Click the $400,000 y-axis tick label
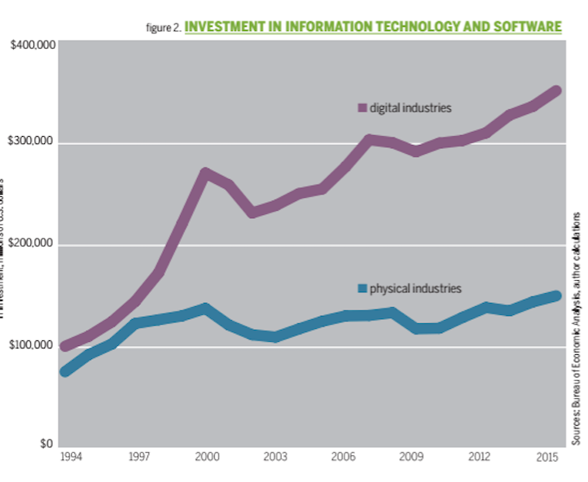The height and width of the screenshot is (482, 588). (x=33, y=43)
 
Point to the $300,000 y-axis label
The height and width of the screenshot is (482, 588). (x=33, y=143)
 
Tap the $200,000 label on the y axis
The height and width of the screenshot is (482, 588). (x=33, y=244)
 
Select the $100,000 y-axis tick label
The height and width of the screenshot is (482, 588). (x=33, y=346)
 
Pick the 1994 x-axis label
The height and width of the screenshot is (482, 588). (x=72, y=458)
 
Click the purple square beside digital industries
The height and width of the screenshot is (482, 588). (x=362, y=107)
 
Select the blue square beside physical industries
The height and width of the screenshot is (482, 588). (x=362, y=288)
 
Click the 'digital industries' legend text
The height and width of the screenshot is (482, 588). (x=410, y=107)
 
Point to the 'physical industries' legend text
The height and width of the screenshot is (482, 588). (x=415, y=288)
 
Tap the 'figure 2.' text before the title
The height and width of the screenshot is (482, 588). (x=164, y=28)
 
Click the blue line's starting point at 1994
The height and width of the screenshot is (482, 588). (x=65, y=371)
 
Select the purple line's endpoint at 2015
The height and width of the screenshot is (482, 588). (x=556, y=90)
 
